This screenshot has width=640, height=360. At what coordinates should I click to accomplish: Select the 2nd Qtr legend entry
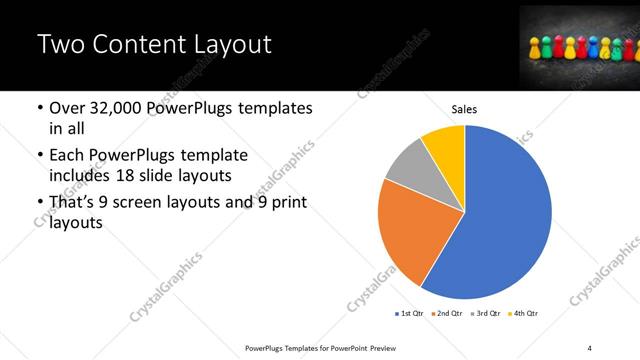coord(448,313)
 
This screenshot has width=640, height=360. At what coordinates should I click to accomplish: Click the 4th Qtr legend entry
coord(525,313)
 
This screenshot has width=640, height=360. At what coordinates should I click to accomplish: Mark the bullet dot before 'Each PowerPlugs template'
coord(39,156)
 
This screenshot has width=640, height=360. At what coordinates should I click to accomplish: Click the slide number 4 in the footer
coord(590,346)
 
